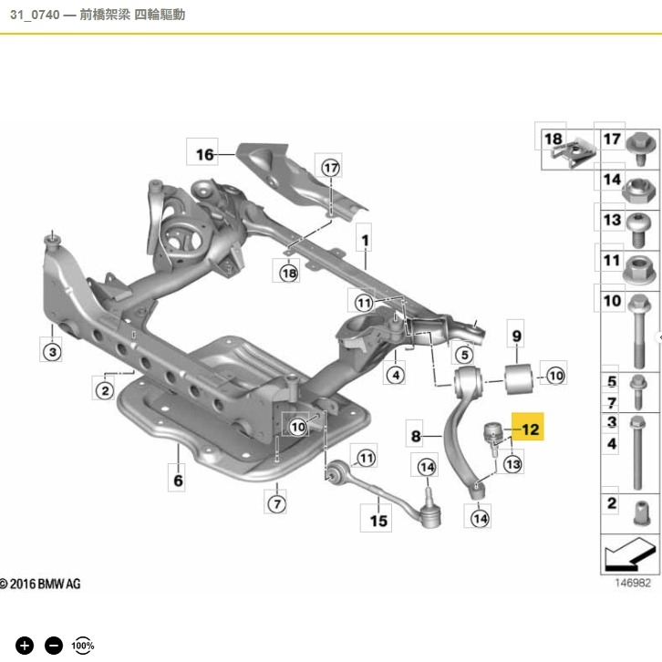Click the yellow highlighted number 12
[530, 427]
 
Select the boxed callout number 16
[204, 154]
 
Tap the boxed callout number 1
[365, 241]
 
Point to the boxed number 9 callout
[515, 336]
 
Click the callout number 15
[378, 521]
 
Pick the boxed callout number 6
[178, 478]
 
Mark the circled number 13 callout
[512, 465]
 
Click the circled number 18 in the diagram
[289, 272]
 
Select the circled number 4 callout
[395, 373]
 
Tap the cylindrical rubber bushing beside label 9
[520, 373]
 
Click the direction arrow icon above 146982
[629, 553]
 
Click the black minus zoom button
[54, 646]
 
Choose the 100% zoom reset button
[83, 646]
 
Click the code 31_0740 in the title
[34, 15]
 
